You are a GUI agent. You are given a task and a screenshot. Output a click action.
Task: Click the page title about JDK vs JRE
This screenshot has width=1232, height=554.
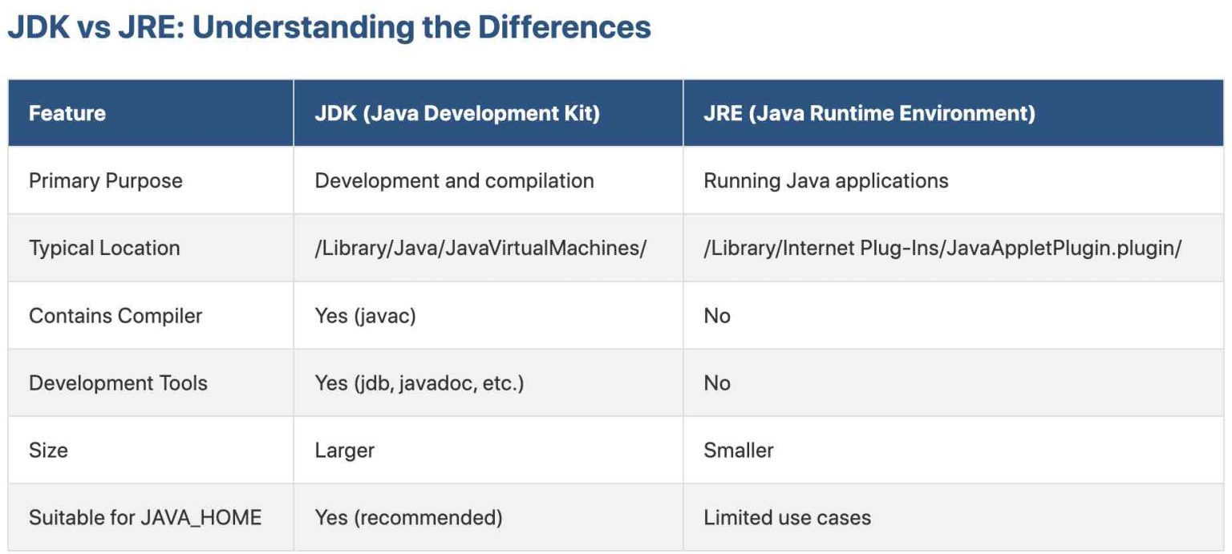pyautogui.click(x=328, y=27)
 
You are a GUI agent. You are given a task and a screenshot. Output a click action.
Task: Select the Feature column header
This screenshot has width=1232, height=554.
pyautogui.click(x=67, y=113)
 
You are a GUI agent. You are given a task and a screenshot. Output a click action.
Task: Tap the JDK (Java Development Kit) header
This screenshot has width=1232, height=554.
pyautogui.click(x=457, y=113)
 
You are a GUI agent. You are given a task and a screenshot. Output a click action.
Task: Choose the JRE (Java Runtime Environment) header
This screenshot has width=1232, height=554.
pyautogui.click(x=869, y=113)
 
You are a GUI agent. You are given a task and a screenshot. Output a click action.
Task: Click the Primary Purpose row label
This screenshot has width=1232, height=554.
pyautogui.click(x=106, y=180)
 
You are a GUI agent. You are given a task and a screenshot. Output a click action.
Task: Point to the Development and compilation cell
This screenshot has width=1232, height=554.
pyautogui.click(x=454, y=180)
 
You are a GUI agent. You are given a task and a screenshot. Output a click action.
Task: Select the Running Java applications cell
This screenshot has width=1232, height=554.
pyautogui.click(x=826, y=180)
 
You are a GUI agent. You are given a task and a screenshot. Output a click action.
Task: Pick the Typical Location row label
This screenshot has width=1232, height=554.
pyautogui.click(x=104, y=248)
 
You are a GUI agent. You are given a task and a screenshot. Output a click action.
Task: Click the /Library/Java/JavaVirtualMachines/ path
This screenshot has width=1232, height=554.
pyautogui.click(x=480, y=248)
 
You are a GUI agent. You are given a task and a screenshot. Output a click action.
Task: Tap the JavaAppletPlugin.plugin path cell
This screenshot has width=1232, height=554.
pyautogui.click(x=942, y=248)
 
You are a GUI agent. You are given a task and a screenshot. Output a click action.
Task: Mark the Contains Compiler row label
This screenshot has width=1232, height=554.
pyautogui.click(x=115, y=315)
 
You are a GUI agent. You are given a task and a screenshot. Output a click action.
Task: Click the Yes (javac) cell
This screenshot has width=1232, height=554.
pyautogui.click(x=365, y=315)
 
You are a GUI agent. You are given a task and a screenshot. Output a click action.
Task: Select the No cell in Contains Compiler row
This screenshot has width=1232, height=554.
pyautogui.click(x=717, y=315)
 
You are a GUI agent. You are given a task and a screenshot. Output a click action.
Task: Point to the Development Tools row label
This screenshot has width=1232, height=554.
pyautogui.click(x=118, y=382)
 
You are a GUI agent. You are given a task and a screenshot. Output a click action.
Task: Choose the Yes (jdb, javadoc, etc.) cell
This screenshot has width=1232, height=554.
pyautogui.click(x=419, y=382)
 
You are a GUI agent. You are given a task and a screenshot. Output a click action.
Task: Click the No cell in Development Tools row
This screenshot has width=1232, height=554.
pyautogui.click(x=717, y=382)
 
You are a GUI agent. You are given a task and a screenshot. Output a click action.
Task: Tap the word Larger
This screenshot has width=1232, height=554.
pyautogui.click(x=344, y=450)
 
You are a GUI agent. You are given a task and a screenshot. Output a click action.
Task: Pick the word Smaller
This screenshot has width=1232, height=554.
pyautogui.click(x=739, y=450)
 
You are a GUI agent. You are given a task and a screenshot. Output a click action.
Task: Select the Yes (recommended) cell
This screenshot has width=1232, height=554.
pyautogui.click(x=408, y=517)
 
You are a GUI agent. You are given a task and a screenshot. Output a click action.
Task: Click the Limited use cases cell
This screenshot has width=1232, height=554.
pyautogui.click(x=787, y=517)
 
